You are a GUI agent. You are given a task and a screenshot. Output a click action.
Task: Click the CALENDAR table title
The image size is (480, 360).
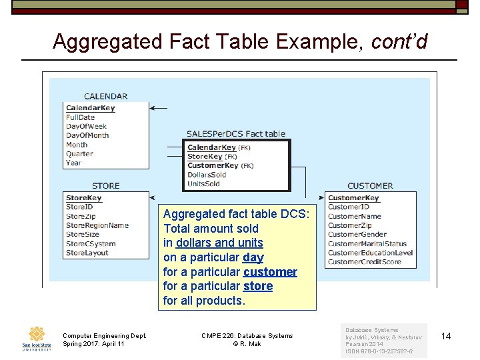105,97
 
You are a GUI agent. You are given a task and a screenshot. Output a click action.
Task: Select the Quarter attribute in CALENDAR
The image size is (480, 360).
79,154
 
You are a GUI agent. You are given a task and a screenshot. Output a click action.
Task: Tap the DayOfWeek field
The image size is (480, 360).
86,127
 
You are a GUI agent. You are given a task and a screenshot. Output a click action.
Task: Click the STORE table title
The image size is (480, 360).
105,186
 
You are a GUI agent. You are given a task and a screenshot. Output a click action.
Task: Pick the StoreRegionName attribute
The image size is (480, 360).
97,225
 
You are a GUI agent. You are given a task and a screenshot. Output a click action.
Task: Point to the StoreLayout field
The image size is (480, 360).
87,253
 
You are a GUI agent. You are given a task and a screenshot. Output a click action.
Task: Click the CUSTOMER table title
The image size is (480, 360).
370,186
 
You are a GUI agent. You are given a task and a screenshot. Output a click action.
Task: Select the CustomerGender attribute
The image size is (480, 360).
357,235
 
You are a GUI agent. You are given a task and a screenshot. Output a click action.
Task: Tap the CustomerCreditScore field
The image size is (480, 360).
365,262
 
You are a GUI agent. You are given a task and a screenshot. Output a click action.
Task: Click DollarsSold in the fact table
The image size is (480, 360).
207,175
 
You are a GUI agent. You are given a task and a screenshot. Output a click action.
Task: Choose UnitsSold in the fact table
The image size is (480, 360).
203,184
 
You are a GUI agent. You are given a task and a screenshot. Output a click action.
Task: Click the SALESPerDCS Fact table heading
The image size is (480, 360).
236,134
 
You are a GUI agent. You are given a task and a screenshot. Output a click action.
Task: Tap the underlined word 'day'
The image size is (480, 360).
253,257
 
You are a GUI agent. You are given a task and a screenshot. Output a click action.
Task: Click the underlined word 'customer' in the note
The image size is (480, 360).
270,272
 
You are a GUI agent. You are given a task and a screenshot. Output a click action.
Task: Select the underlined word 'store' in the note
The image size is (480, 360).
258,286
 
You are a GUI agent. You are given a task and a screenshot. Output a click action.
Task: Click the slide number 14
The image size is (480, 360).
446,336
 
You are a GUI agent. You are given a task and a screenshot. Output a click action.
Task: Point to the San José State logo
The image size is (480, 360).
36,339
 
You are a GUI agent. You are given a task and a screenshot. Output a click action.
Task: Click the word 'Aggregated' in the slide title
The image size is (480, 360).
107,41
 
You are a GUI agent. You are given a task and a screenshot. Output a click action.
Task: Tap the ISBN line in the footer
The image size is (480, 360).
379,352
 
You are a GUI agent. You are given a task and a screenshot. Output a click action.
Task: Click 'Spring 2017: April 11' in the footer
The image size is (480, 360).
93,344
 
